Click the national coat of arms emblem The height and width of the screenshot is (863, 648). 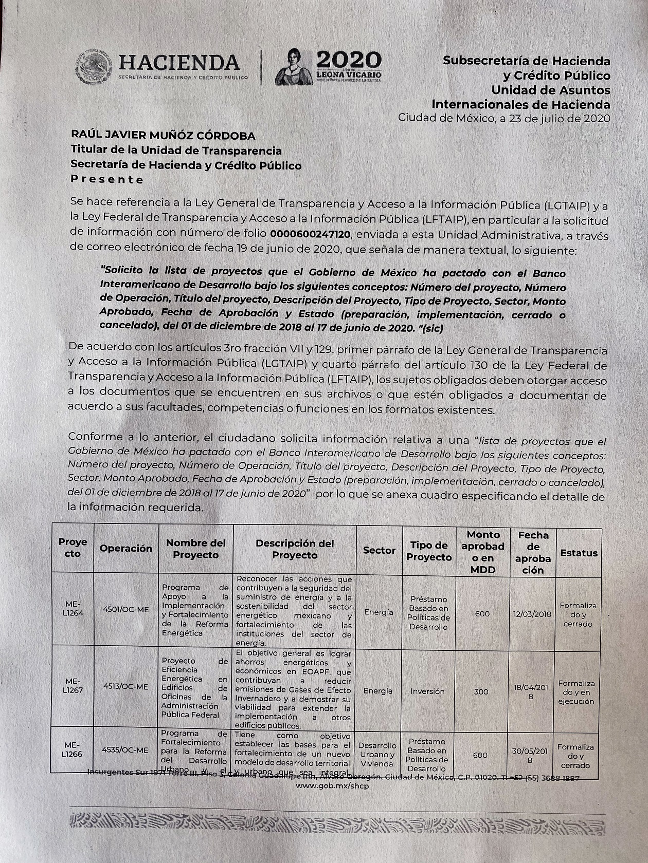[94, 67]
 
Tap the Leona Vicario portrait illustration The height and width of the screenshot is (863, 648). [294, 67]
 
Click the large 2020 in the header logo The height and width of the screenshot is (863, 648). [349, 59]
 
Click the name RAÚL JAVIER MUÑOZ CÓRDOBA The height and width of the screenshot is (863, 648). [163, 136]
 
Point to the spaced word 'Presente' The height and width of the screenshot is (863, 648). [107, 179]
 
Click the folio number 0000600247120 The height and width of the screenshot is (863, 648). [310, 235]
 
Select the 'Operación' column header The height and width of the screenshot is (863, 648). [126, 549]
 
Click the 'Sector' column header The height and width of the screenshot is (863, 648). [379, 550]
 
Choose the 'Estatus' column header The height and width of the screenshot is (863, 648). [579, 553]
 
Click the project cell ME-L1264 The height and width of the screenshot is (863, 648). [73, 609]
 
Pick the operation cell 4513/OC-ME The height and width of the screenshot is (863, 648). [125, 687]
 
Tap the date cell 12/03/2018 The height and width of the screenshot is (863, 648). [532, 614]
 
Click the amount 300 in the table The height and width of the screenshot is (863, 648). [481, 691]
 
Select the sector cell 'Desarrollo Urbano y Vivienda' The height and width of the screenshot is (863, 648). [377, 754]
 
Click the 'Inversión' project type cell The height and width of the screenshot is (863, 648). [427, 691]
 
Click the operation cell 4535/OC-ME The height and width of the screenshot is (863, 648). [125, 750]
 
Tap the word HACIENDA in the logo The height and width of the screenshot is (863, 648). [179, 63]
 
